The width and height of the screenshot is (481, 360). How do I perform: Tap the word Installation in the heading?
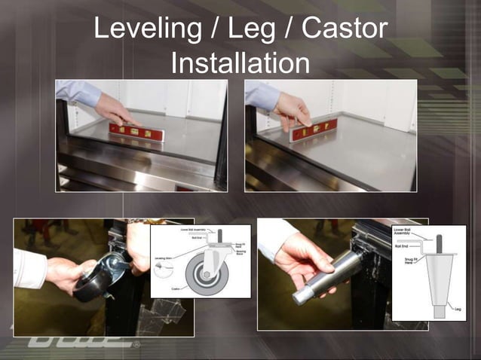(240, 63)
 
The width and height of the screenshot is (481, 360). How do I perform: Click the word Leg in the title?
(259, 30)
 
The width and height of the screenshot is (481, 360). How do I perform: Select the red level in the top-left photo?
(136, 133)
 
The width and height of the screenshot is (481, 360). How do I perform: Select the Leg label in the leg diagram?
(457, 307)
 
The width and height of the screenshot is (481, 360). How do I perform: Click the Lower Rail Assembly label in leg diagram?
(403, 230)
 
